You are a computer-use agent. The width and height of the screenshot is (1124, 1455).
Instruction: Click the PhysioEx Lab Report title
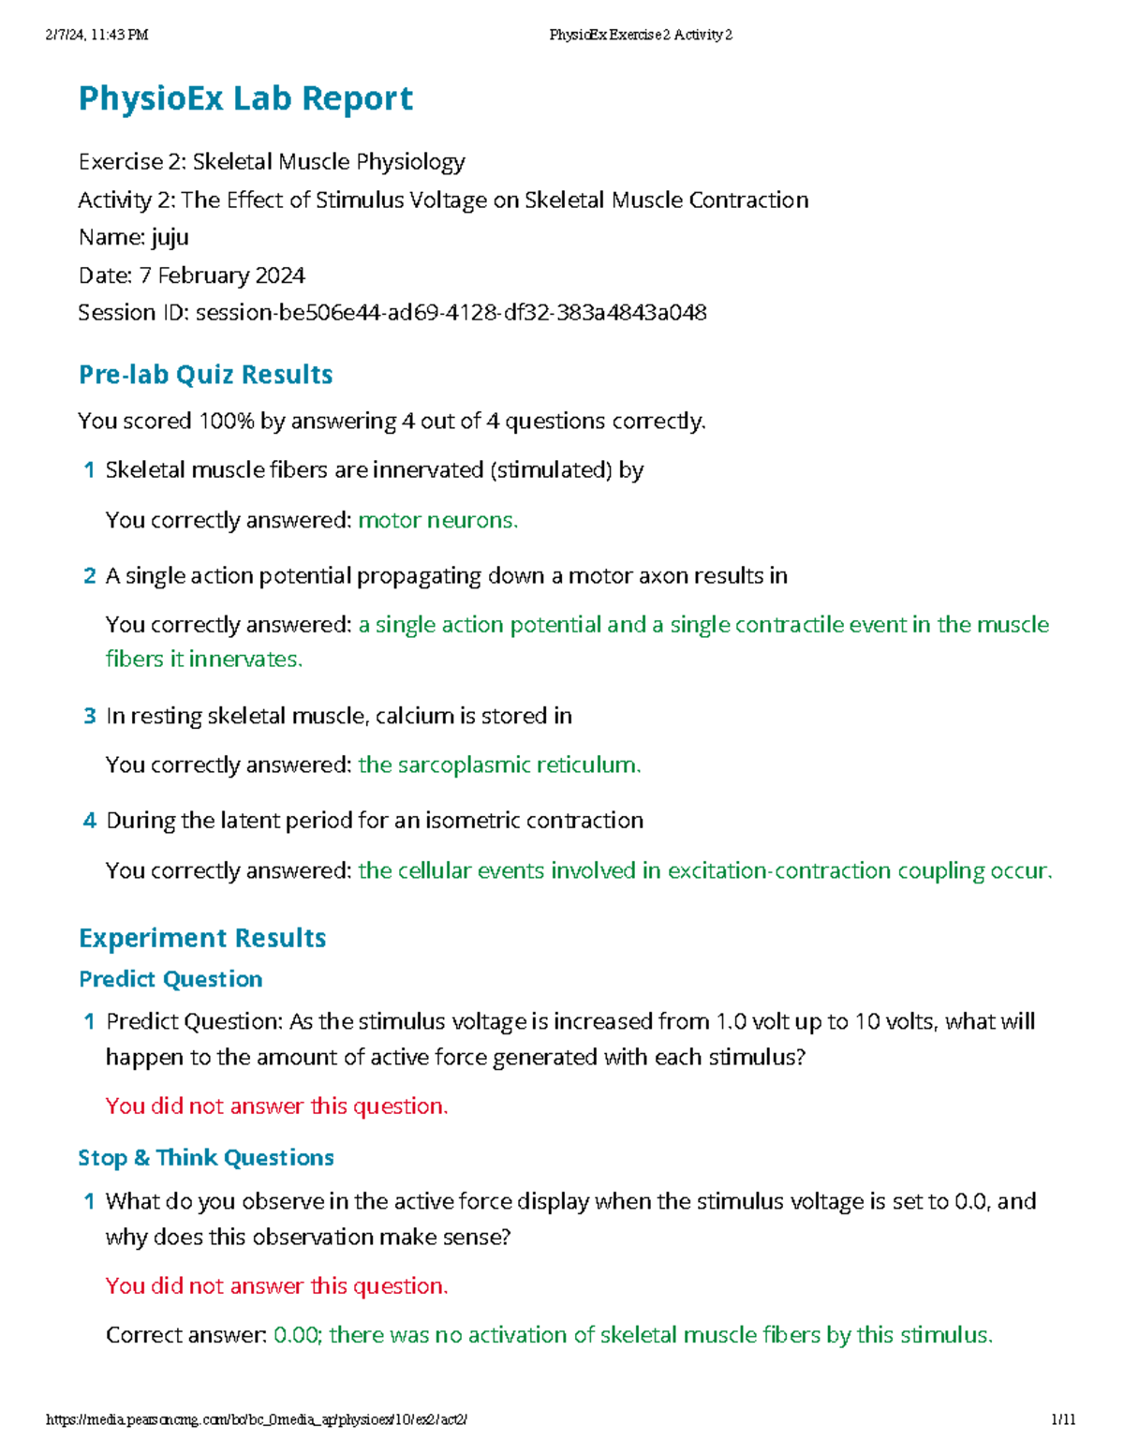pyautogui.click(x=245, y=98)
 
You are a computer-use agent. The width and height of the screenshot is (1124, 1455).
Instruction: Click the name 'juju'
pyautogui.click(x=170, y=237)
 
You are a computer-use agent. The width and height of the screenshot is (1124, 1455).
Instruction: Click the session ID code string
pyautogui.click(x=451, y=312)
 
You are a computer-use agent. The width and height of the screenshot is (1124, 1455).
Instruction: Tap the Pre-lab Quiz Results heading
pyautogui.click(x=205, y=375)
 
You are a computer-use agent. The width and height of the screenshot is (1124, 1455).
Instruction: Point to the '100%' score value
pyautogui.click(x=227, y=422)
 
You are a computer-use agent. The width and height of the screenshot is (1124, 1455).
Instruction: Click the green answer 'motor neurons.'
pyautogui.click(x=437, y=520)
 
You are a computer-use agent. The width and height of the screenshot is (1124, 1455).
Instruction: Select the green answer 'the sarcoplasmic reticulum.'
pyautogui.click(x=499, y=765)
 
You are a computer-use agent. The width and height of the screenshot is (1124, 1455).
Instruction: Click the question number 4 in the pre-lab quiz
pyautogui.click(x=89, y=821)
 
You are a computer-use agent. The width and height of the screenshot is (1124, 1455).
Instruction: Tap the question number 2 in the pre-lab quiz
pyautogui.click(x=89, y=576)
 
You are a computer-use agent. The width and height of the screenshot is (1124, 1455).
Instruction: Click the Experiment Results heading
pyautogui.click(x=202, y=938)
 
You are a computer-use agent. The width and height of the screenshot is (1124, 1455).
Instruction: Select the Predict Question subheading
pyautogui.click(x=170, y=979)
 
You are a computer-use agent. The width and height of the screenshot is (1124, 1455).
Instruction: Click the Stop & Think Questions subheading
pyautogui.click(x=206, y=1158)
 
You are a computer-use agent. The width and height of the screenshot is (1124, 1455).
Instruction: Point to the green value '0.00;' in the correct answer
pyautogui.click(x=298, y=1334)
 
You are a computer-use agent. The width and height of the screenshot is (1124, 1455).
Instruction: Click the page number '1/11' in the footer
pyautogui.click(x=1063, y=1419)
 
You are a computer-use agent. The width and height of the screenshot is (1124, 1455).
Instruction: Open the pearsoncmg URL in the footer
pyautogui.click(x=257, y=1419)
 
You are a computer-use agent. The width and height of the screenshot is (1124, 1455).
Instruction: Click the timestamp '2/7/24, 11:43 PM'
pyautogui.click(x=96, y=35)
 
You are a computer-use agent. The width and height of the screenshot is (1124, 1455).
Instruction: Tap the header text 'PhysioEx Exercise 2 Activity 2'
pyautogui.click(x=641, y=35)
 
